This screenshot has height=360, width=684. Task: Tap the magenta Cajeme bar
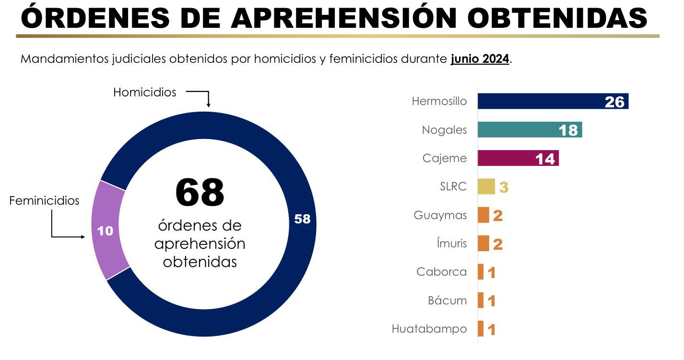[x=518, y=158]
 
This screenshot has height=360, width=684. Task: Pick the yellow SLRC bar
[x=486, y=186]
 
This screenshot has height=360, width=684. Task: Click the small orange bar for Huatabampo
[x=481, y=329]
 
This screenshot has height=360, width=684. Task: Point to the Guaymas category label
[x=440, y=215]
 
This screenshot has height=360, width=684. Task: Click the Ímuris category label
[x=451, y=244]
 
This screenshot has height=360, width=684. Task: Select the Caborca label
[x=441, y=272]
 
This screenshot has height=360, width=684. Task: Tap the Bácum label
[x=447, y=301]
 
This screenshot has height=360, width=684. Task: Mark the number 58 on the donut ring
[x=302, y=219]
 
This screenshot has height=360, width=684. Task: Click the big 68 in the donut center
[x=200, y=193]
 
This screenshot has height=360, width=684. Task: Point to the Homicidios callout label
[x=144, y=92]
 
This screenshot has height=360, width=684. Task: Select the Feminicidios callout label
[x=44, y=200]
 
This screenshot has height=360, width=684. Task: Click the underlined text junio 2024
[x=480, y=59]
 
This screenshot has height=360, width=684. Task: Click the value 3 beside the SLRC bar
[x=504, y=187]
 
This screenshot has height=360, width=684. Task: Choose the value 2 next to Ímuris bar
[x=498, y=244]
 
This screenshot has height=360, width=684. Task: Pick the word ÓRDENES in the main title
[x=95, y=17]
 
